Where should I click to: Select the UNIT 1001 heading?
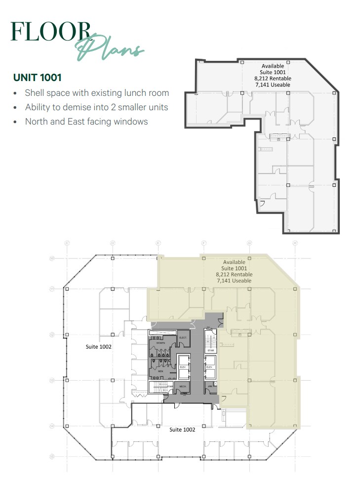[x=38, y=78]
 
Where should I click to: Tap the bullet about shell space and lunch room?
[x=97, y=93]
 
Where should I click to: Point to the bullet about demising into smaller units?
[x=96, y=107]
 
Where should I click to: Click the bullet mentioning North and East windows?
[x=86, y=122]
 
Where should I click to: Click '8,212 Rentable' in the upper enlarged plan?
[x=273, y=79]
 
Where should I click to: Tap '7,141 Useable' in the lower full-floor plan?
[x=234, y=281]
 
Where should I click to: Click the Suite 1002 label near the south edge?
[x=182, y=430]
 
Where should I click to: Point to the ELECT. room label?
[x=182, y=338]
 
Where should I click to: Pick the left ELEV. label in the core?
[x=182, y=367]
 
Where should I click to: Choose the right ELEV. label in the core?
[x=209, y=367]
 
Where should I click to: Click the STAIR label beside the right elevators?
[x=211, y=350]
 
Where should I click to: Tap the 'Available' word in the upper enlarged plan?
[x=273, y=66]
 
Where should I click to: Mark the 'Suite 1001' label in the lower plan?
[x=235, y=268]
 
